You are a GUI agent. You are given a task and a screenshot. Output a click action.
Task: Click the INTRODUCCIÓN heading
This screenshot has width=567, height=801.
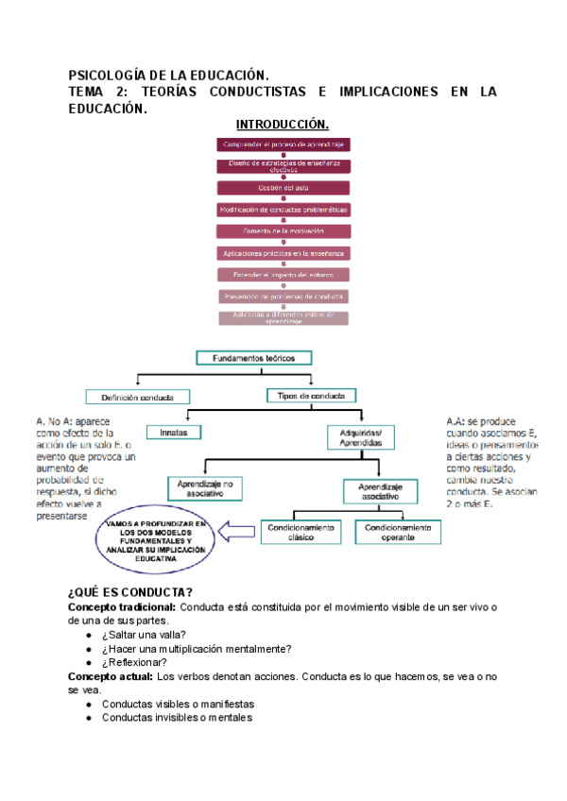pyautogui.click(x=283, y=125)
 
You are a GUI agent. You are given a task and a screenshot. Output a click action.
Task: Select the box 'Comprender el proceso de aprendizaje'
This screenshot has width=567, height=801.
pyautogui.click(x=283, y=144)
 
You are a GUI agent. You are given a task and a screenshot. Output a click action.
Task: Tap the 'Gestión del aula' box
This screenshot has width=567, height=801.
pyautogui.click(x=283, y=187)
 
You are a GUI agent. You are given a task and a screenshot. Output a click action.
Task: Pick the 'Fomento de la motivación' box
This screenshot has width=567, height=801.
pyautogui.click(x=283, y=230)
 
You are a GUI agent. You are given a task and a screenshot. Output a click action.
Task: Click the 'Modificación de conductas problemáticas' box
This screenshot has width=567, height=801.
pyautogui.click(x=283, y=209)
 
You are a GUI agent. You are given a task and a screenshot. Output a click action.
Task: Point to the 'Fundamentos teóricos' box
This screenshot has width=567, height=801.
pyautogui.click(x=254, y=359)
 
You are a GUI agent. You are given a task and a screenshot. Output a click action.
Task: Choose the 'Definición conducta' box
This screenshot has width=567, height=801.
pyautogui.click(x=137, y=397)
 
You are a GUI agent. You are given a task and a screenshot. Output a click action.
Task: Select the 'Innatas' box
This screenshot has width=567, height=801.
pyautogui.click(x=173, y=432)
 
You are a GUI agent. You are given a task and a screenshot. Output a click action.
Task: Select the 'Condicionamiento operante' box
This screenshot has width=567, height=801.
pyautogui.click(x=397, y=533)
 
